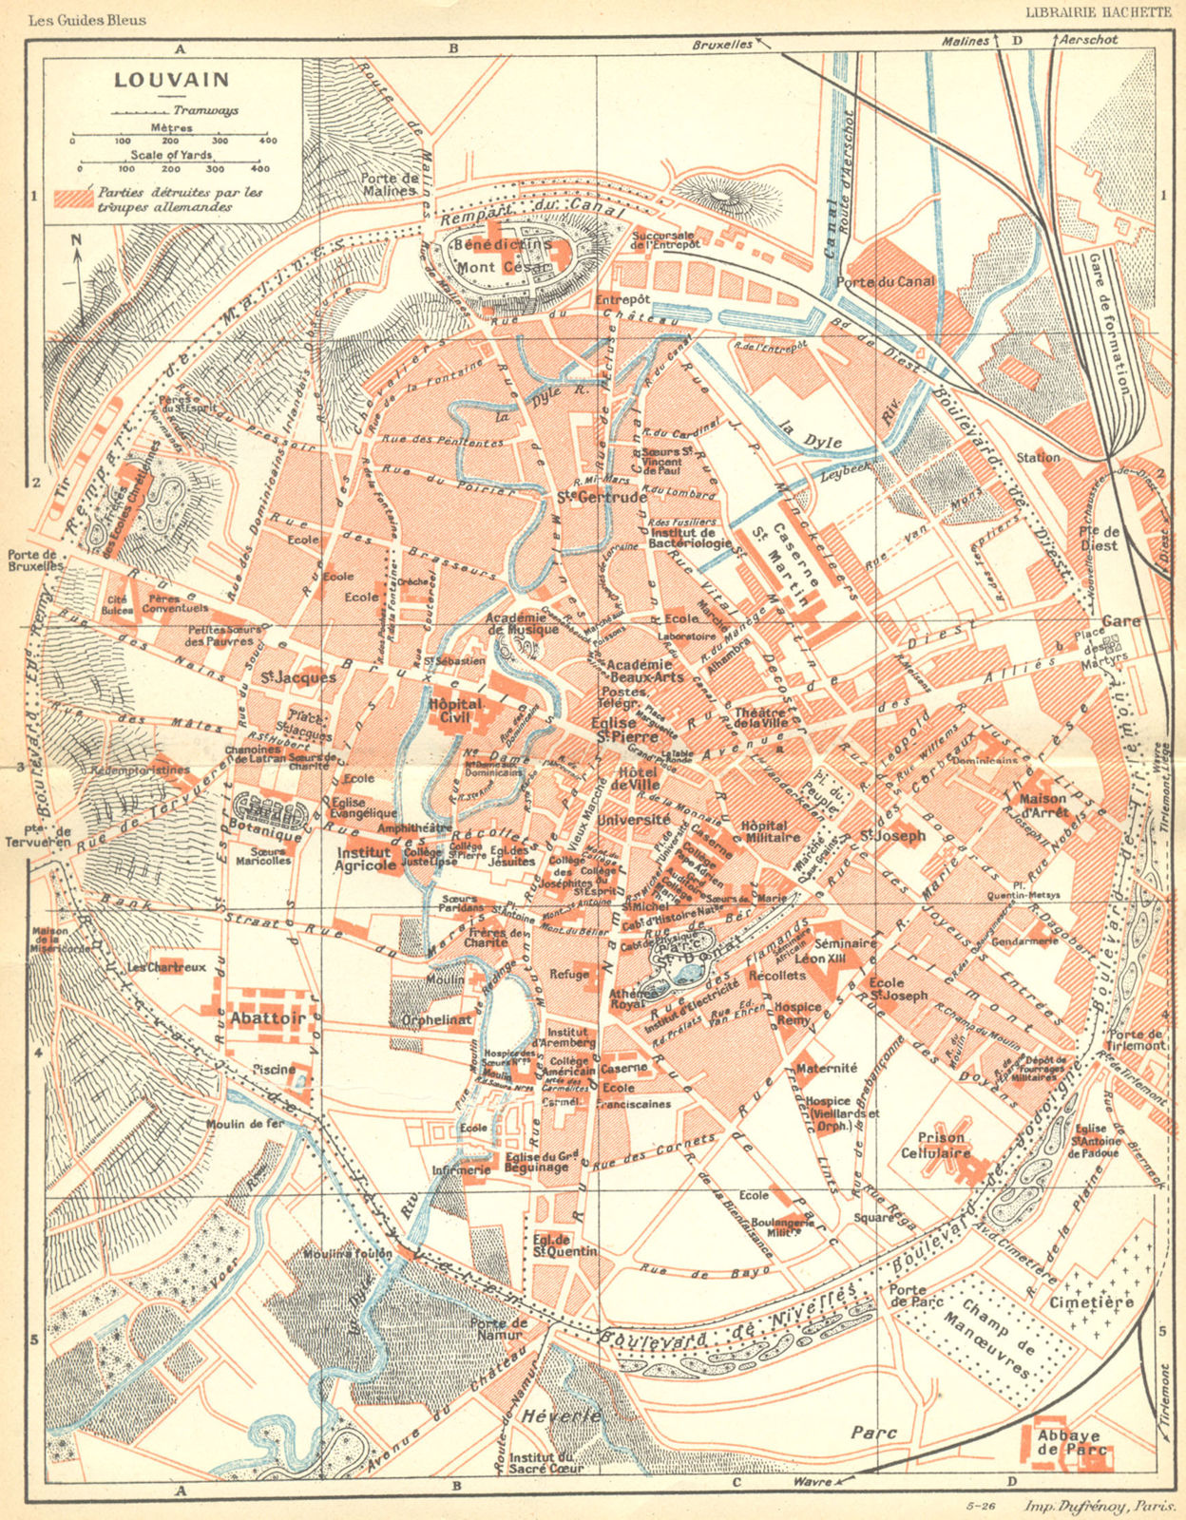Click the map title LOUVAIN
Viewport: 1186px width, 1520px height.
(158, 80)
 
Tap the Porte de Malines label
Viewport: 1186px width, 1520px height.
(389, 183)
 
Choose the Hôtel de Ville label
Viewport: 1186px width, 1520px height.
(638, 778)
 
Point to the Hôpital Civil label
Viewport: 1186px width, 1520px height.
(456, 711)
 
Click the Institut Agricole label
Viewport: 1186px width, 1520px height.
(366, 859)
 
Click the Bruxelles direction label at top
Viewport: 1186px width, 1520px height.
(722, 44)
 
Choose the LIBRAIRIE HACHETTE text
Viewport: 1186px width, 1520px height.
(1098, 12)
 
